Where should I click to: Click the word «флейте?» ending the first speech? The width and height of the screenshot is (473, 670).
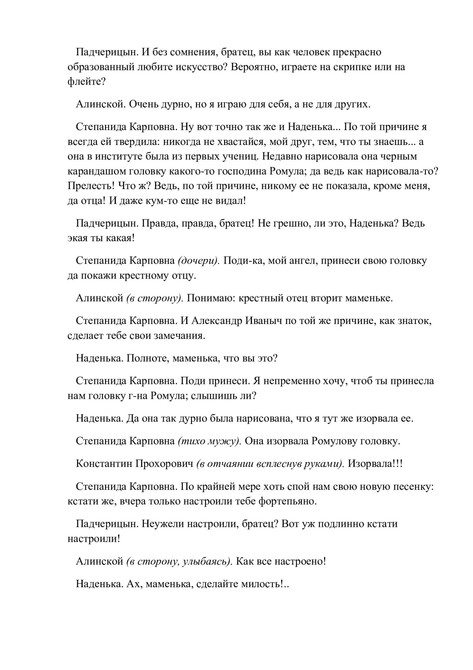86,82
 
